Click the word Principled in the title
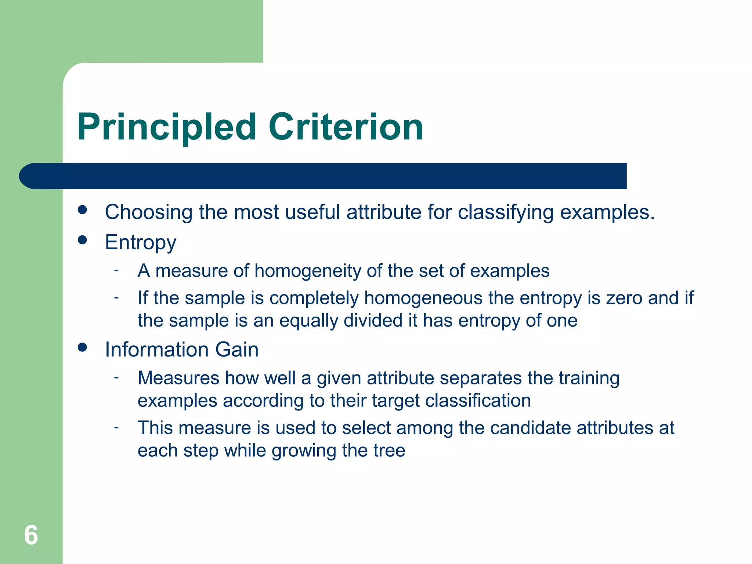tap(166, 127)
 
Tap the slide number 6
tap(31, 535)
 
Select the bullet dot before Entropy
tap(83, 240)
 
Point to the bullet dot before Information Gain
tap(83, 347)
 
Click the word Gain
tap(237, 350)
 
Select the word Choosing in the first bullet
tap(148, 213)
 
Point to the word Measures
tap(178, 378)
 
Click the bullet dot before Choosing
tap(83, 210)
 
